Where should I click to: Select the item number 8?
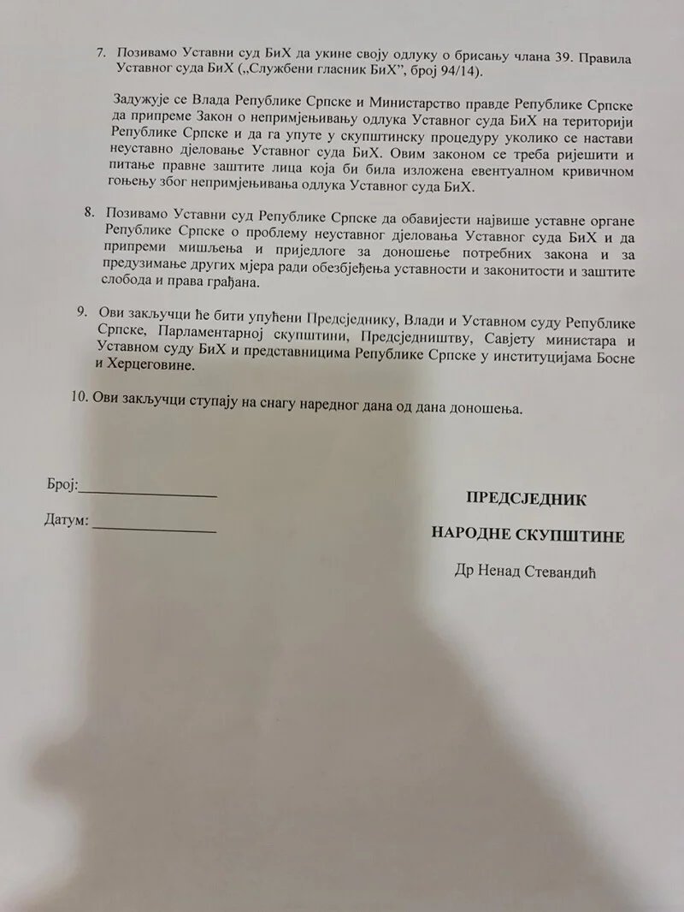tap(89, 211)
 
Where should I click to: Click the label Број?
tap(62, 486)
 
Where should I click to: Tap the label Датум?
tap(66, 519)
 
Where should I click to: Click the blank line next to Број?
tap(147, 494)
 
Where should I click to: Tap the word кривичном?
tap(591, 170)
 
